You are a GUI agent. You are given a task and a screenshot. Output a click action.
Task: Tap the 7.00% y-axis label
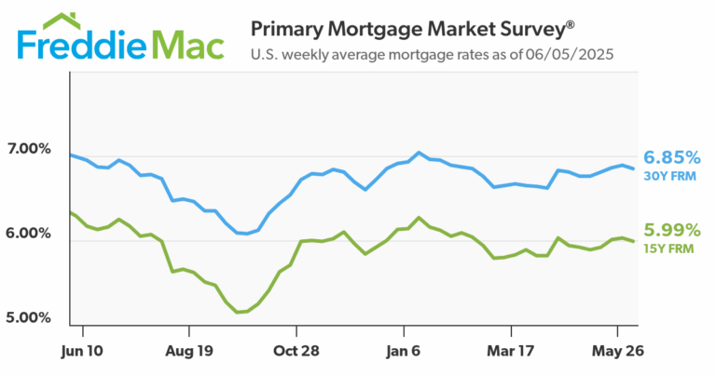tap(29, 149)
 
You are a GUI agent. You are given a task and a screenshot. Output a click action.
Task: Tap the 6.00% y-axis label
tap(29, 234)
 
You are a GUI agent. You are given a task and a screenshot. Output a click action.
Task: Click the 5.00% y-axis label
tap(29, 318)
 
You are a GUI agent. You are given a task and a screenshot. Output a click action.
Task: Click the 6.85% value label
tap(671, 156)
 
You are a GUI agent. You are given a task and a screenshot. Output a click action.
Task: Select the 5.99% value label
tap(671, 230)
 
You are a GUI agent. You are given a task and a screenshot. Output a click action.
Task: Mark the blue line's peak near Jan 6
tap(420, 152)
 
